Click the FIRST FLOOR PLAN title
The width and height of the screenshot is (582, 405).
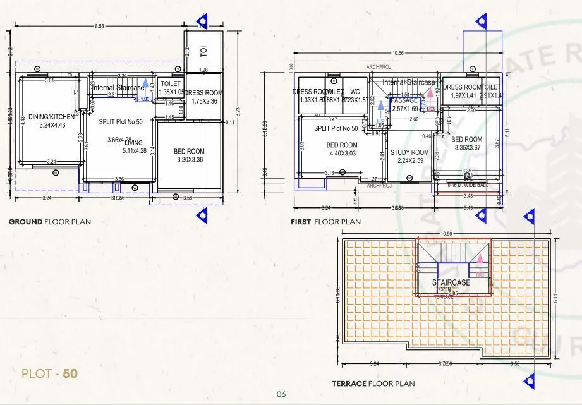326,222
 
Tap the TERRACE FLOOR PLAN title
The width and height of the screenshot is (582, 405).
373,384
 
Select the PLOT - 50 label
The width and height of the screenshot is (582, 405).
49,373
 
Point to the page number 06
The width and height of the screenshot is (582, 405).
281,394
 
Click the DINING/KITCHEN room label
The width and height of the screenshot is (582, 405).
51,116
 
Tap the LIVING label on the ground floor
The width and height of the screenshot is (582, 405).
134,143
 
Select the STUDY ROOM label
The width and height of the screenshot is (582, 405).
409,152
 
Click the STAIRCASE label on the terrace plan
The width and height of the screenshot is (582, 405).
451,282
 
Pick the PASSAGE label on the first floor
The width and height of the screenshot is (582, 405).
404,100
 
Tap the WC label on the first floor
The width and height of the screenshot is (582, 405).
355,91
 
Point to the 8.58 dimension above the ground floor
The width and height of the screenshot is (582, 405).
99,26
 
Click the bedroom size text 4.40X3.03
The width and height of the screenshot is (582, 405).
342,153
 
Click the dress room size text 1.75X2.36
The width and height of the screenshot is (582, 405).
204,101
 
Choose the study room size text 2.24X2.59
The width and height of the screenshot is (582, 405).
409,160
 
